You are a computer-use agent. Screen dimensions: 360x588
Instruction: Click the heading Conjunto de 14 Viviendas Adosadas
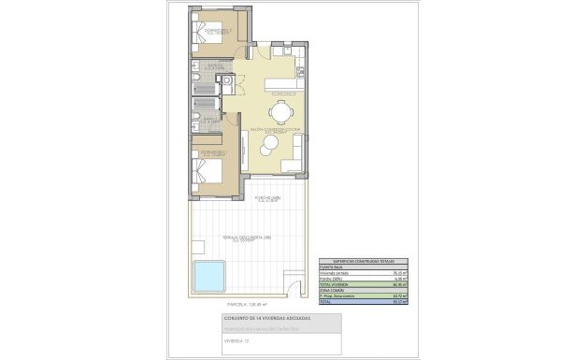pyautogui.click(x=267, y=320)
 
